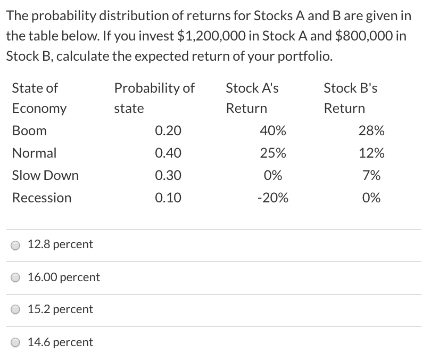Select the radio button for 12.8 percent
click(16, 245)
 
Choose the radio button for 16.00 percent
click(16, 277)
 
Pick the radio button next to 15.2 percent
click(16, 310)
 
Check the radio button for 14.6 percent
click(16, 342)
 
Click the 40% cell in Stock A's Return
click(273, 131)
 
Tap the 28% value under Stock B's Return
click(371, 131)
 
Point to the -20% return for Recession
click(272, 198)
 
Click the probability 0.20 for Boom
click(168, 131)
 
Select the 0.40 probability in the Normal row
click(168, 153)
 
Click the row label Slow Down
click(45, 176)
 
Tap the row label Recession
click(42, 198)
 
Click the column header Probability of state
click(154, 98)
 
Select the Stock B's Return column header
click(350, 98)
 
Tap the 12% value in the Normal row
click(371, 153)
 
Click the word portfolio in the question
click(303, 56)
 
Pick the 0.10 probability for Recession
click(168, 198)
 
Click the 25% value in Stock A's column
click(273, 153)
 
